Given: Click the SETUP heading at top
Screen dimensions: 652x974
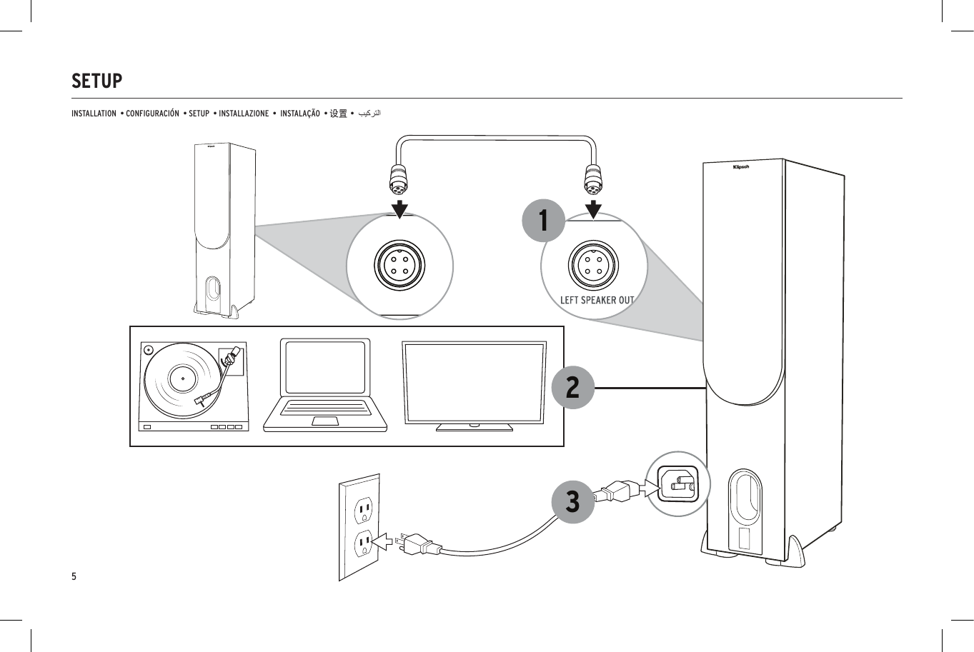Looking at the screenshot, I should click(97, 81).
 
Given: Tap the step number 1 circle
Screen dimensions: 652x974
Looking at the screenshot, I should click(544, 220).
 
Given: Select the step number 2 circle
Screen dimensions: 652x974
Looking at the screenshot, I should click(572, 387).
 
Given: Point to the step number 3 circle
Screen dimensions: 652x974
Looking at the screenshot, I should click(572, 501).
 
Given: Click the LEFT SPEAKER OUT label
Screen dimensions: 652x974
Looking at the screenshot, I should click(597, 300).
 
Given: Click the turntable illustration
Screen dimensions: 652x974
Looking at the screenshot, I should click(194, 386).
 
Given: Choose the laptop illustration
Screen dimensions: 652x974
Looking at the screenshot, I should click(325, 386).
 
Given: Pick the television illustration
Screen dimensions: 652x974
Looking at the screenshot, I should click(474, 386).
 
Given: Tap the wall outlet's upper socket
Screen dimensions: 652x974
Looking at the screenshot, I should click(364, 508).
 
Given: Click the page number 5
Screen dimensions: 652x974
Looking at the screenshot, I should click(74, 576).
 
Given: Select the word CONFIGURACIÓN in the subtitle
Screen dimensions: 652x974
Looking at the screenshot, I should click(152, 114).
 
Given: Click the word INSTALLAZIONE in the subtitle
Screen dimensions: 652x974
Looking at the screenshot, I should click(244, 114).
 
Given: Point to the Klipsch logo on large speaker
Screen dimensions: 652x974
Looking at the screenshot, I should click(741, 167).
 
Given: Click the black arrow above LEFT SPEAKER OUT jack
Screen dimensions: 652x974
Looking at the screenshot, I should click(593, 209).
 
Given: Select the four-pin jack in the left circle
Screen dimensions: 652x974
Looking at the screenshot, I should click(399, 266).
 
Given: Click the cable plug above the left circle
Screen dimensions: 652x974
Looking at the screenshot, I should click(399, 178).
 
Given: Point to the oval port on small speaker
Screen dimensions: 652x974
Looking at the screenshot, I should click(213, 289).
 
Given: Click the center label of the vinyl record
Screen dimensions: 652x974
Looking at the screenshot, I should click(183, 378).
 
